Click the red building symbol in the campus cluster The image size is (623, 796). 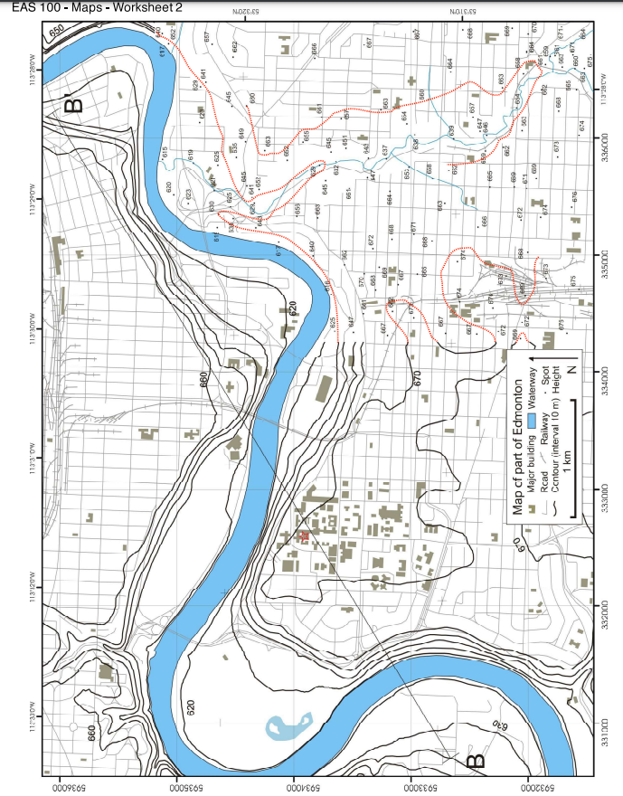click(304, 536)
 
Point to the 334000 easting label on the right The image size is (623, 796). click(603, 381)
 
